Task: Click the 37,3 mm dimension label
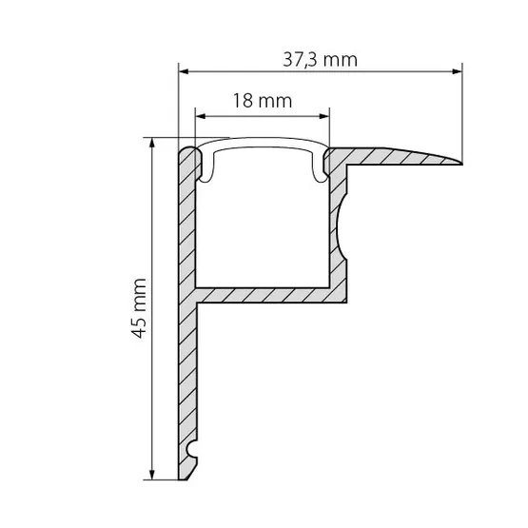(320, 60)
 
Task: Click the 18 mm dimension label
(263, 101)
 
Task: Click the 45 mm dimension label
(139, 308)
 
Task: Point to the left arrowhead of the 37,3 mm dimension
(184, 71)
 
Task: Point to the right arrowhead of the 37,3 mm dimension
(458, 71)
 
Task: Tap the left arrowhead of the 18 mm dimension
(201, 116)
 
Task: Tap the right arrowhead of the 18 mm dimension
(324, 116)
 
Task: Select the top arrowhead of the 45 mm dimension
(152, 143)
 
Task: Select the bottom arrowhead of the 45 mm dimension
(152, 475)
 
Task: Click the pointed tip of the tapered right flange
(462, 164)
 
